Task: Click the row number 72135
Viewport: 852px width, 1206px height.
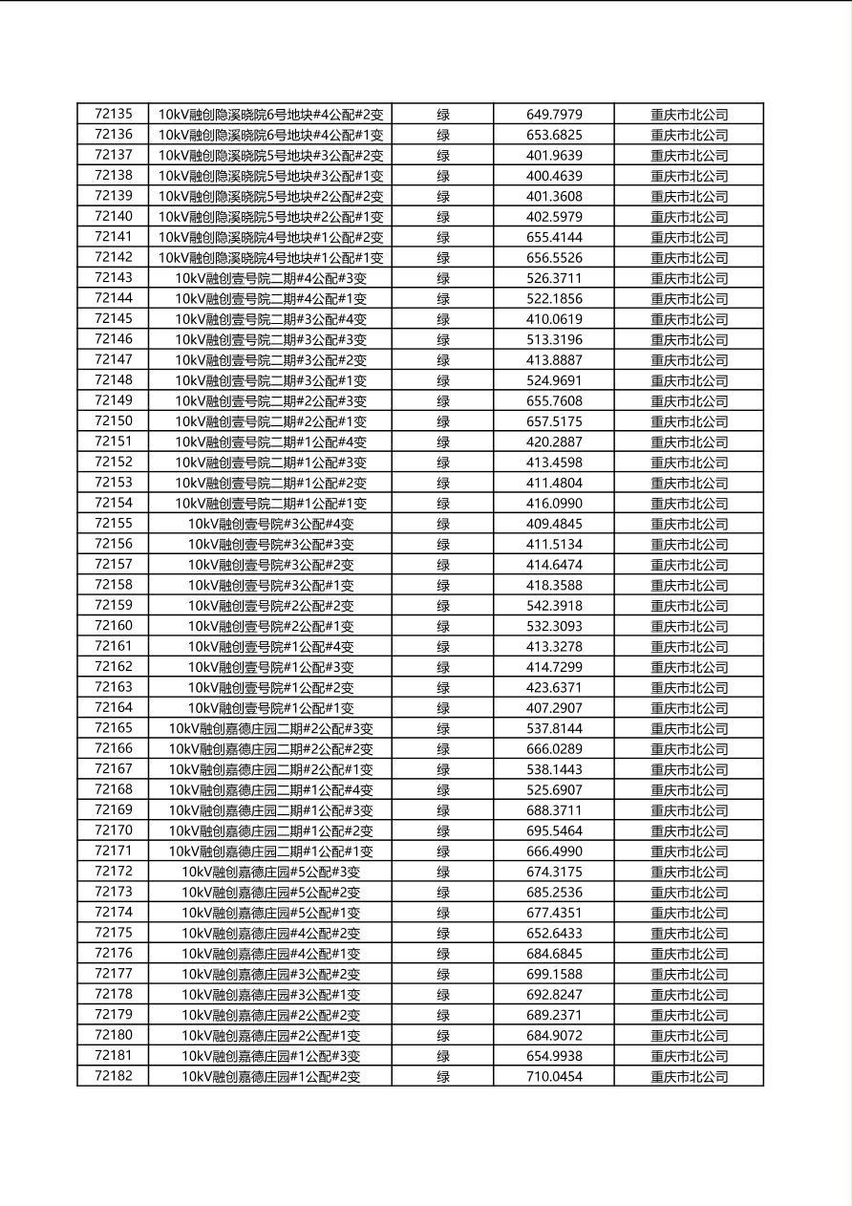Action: pos(114,114)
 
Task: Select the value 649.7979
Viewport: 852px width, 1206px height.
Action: pos(554,115)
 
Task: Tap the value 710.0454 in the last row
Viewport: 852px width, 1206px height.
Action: pos(554,1077)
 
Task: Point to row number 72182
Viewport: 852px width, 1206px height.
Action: pos(114,1076)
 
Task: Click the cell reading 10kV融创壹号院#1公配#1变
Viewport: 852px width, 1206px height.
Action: pos(270,708)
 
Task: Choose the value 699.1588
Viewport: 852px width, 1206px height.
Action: pos(554,975)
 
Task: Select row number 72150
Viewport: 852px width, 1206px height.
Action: pos(114,421)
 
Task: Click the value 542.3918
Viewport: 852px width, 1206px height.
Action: pos(554,606)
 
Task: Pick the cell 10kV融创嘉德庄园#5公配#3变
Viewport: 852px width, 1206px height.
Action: pos(270,872)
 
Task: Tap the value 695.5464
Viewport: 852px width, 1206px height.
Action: pos(554,831)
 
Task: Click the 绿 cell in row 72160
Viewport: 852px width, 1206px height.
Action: pos(443,627)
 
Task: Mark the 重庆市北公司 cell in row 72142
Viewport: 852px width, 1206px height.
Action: pos(689,258)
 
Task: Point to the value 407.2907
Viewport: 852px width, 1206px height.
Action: pos(554,708)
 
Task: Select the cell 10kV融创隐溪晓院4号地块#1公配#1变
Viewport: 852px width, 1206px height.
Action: pos(270,258)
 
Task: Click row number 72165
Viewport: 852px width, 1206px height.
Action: pos(114,728)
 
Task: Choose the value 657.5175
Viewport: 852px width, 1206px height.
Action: pos(554,421)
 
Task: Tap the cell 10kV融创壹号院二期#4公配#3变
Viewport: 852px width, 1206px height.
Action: pos(270,278)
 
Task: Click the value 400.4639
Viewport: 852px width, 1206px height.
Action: pos(554,176)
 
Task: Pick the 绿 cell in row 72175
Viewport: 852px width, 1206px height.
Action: pos(443,934)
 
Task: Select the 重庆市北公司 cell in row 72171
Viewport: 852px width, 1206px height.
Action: pos(689,851)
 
